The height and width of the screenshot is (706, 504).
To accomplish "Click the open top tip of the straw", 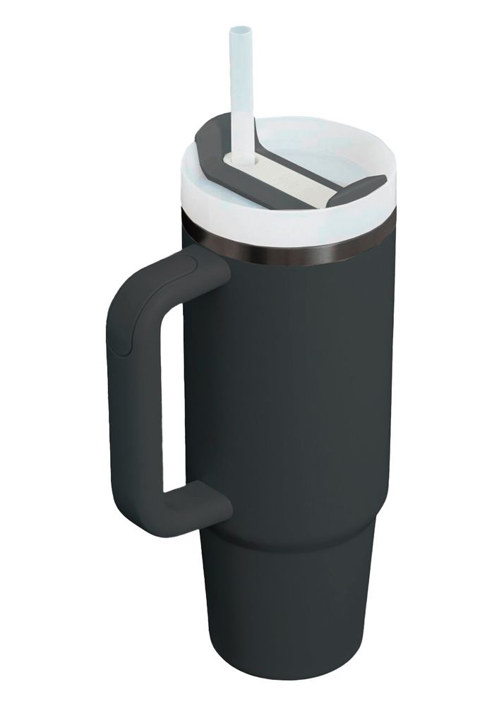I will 240,31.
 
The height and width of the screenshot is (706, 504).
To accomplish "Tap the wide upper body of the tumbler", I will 296,388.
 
